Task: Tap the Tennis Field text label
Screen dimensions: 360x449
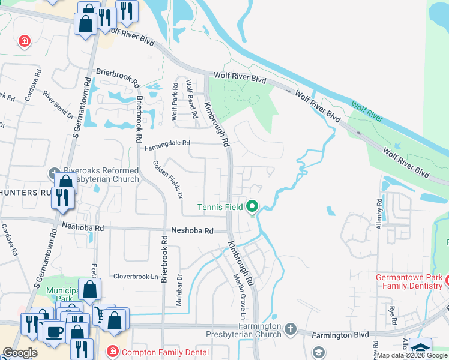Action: (x=220, y=208)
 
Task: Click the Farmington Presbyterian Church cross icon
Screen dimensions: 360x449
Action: (x=291, y=328)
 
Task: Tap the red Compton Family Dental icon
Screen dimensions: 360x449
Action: (x=111, y=352)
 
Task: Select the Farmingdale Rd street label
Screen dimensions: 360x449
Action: (x=167, y=143)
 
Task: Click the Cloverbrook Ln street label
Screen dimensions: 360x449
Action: (x=138, y=277)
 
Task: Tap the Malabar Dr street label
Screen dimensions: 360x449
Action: (x=178, y=290)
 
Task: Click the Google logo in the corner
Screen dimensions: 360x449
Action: (x=20, y=353)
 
